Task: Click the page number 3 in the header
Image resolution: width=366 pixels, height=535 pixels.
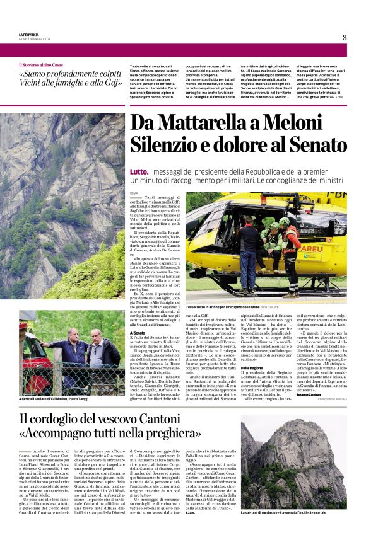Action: coord(345,37)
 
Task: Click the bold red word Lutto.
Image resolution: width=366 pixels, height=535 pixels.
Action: coord(139,171)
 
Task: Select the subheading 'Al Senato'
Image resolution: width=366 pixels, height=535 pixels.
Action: coord(139,332)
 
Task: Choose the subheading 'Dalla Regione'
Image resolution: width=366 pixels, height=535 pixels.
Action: coord(252,367)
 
